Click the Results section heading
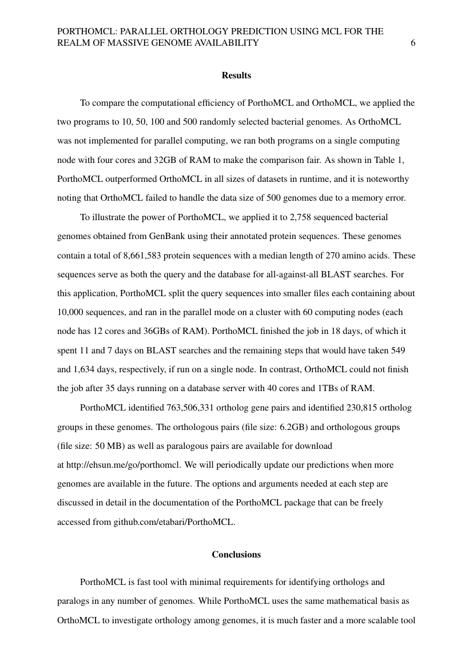click(236, 75)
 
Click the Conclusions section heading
click(236, 554)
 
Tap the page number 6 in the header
click(413, 43)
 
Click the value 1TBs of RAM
click(344, 389)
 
